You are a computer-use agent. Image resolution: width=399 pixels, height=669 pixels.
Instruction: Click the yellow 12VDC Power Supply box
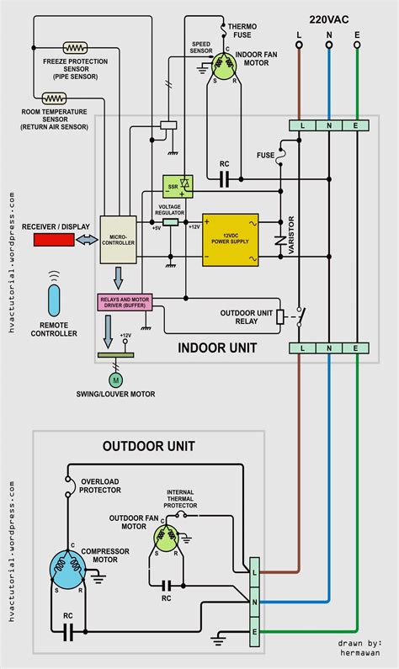(x=230, y=239)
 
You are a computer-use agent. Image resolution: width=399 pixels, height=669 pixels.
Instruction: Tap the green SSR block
(x=178, y=185)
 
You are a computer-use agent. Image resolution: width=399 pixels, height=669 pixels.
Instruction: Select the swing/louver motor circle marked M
(x=117, y=379)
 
